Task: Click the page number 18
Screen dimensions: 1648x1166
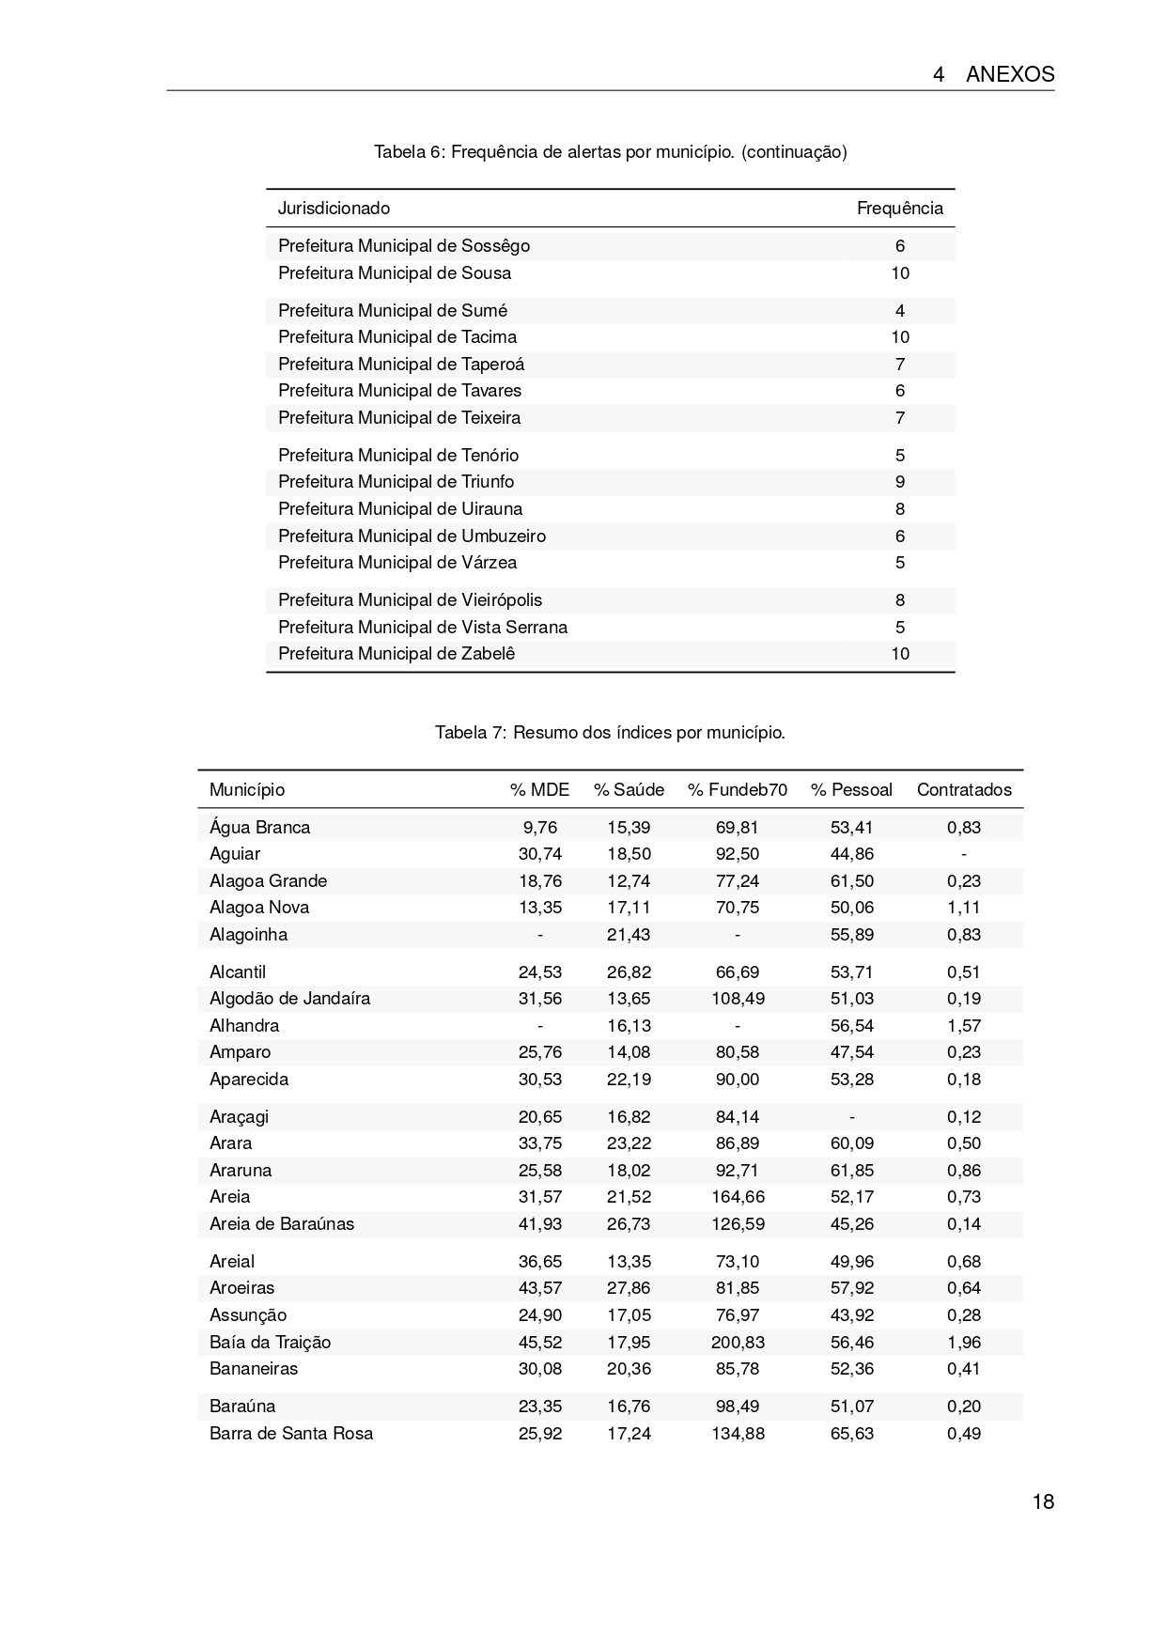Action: point(1043,1501)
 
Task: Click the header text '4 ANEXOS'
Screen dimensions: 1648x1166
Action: point(993,75)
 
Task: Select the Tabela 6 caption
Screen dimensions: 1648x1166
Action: point(610,151)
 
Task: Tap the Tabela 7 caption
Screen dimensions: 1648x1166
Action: point(610,732)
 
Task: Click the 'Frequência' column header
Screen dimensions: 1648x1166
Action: point(899,208)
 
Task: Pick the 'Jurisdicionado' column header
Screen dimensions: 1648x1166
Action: point(334,208)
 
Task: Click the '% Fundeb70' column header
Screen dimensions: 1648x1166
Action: point(738,789)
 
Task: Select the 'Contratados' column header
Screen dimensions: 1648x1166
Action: point(964,789)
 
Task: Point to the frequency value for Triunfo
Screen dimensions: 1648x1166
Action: point(900,482)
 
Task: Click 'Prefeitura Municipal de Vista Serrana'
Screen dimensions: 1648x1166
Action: point(423,627)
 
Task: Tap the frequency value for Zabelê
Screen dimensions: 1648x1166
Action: point(900,654)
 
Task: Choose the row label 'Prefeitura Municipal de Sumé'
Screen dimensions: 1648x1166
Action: point(393,311)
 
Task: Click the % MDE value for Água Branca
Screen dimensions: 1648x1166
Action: point(540,828)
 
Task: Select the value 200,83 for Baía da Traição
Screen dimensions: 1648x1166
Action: point(738,1342)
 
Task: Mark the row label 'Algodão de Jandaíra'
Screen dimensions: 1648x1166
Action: point(289,999)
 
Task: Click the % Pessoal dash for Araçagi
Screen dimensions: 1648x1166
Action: point(852,1117)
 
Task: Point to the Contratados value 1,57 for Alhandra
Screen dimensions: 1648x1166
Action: point(964,1026)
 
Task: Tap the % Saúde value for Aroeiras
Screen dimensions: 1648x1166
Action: point(629,1288)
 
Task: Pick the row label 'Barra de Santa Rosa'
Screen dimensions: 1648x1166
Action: point(291,1434)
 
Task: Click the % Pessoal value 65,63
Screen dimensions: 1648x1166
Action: point(852,1434)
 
